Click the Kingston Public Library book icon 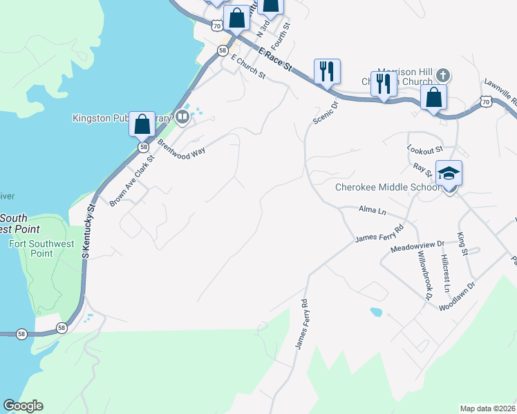182,116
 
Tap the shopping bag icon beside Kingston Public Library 142,126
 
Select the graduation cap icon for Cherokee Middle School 449,173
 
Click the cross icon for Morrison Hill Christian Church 443,74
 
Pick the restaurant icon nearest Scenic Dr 326,71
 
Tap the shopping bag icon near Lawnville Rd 433,97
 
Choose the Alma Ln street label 372,209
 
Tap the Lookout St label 424,150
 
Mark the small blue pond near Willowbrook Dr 376,312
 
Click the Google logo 23,406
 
